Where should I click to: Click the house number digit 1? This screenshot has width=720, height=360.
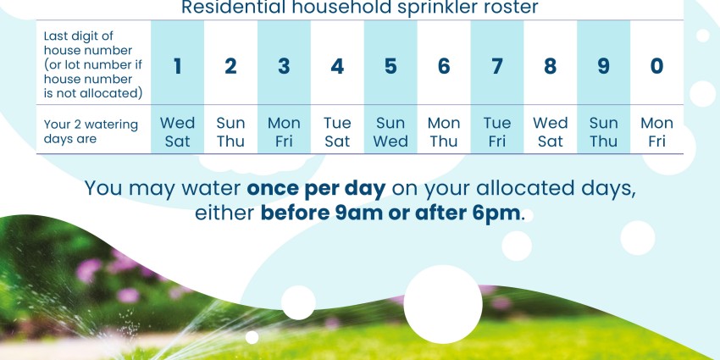(177, 66)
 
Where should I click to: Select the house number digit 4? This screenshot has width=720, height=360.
(337, 66)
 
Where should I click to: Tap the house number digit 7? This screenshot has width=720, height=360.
(497, 66)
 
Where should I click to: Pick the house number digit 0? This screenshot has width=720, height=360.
(656, 66)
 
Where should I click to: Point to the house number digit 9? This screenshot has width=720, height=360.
(603, 66)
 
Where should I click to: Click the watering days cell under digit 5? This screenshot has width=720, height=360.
(390, 132)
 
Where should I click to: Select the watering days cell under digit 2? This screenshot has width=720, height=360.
(230, 132)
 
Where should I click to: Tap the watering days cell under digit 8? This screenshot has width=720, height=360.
(550, 132)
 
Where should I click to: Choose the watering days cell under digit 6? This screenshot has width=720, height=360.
(444, 132)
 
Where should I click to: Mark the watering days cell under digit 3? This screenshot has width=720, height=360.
(284, 132)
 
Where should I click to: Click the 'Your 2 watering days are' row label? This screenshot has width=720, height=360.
(91, 132)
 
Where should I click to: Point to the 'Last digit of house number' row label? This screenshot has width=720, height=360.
(93, 64)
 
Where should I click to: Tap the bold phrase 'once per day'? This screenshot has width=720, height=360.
(317, 189)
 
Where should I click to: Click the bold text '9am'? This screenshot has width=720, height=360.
(358, 214)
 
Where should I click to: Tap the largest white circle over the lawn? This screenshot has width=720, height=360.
(443, 304)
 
